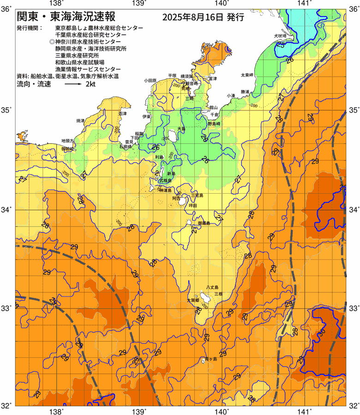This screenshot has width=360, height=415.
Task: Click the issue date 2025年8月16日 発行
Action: pos(203,18)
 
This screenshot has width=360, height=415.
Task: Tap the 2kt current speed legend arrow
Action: pos(73,85)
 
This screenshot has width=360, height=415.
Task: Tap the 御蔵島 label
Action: pos(204,223)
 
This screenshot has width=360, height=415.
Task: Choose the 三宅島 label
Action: pos(197,196)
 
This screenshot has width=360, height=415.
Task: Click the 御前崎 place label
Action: pos(67,149)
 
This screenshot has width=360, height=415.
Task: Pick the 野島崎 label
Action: pos(214,124)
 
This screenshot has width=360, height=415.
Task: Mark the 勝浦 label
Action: pos(245,92)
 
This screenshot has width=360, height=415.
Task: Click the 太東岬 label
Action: pos(247,75)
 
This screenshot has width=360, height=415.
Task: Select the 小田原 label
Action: pos(150,80)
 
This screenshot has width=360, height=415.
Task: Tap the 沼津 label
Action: pos(123,113)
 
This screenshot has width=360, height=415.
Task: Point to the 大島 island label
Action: pos(181,129)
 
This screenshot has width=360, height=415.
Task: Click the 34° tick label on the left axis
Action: pos(8,210)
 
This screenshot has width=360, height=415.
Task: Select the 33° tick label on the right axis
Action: pos(354,308)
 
